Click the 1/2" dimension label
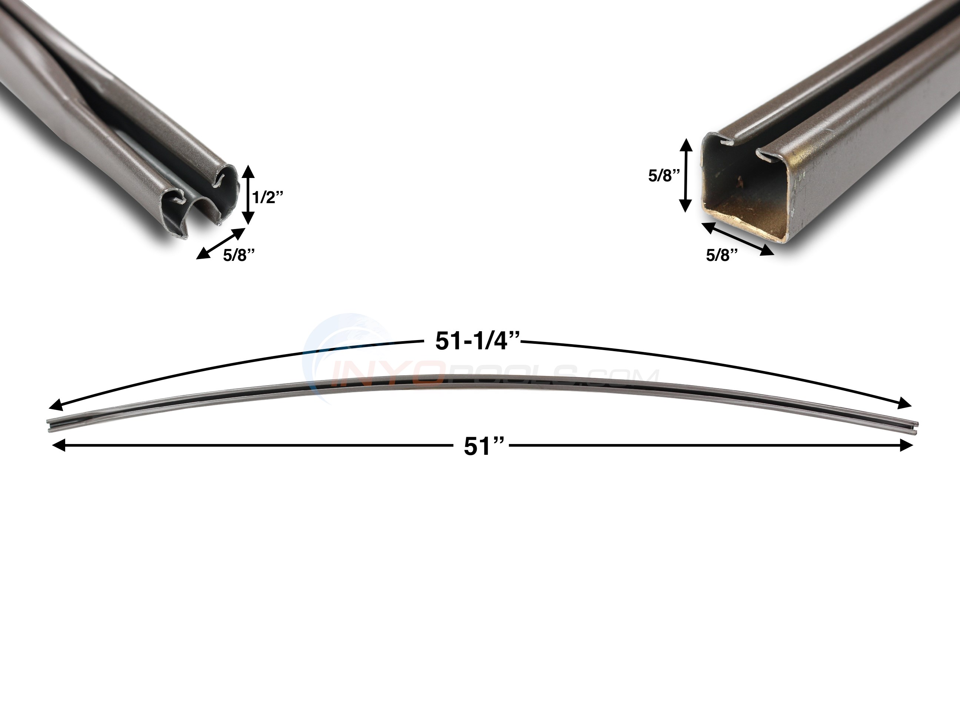pyautogui.click(x=268, y=197)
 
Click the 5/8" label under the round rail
pyautogui.click(x=238, y=255)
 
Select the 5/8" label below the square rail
pyautogui.click(x=722, y=255)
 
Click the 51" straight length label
pyautogui.click(x=484, y=447)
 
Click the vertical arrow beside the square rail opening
pyautogui.click(x=686, y=175)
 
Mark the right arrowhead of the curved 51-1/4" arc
pyautogui.click(x=905, y=404)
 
